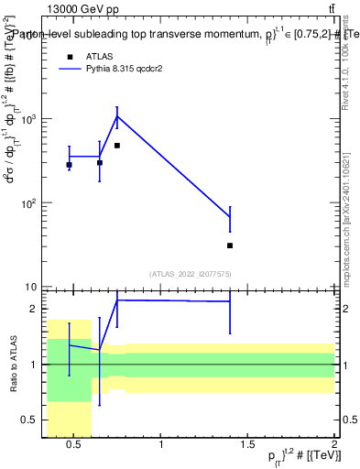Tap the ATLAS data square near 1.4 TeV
click(230, 245)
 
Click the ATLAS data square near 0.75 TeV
click(117, 146)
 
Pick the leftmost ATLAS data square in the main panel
click(69, 165)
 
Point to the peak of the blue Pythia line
click(117, 115)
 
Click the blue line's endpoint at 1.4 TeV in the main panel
click(230, 217)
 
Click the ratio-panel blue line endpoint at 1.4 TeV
click(230, 300)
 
